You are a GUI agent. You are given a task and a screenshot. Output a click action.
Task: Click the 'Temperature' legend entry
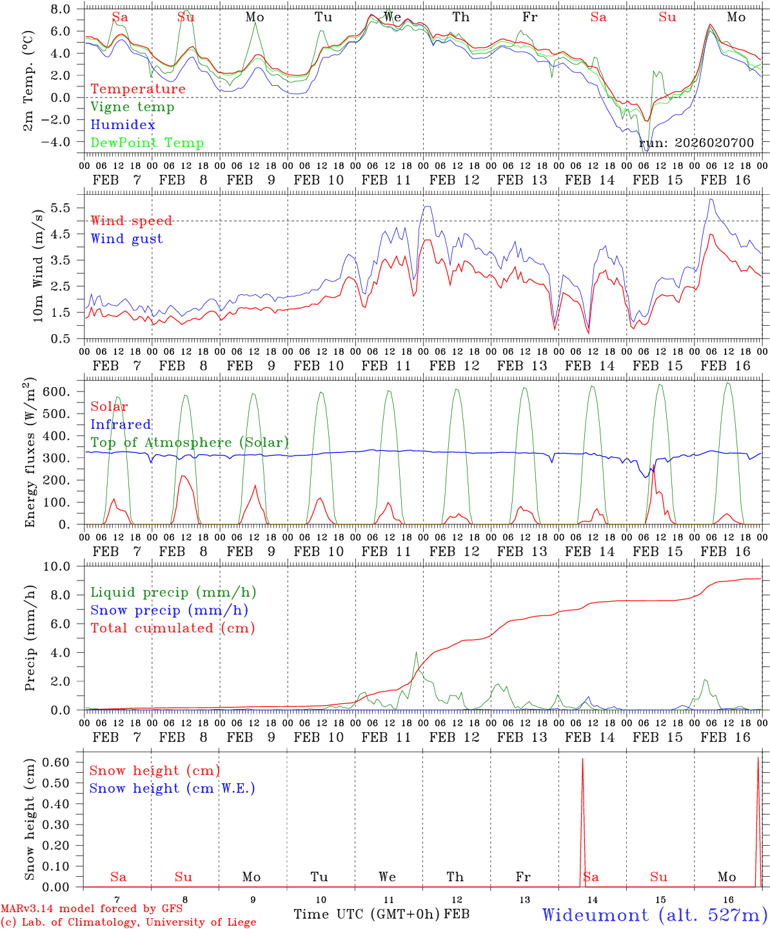(137, 89)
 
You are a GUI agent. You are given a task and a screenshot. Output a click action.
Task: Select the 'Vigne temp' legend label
(132, 107)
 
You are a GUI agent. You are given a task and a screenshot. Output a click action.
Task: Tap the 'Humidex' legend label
(123, 125)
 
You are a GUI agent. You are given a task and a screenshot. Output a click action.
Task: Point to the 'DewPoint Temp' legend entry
(147, 143)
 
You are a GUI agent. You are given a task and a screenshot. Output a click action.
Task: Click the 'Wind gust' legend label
(126, 239)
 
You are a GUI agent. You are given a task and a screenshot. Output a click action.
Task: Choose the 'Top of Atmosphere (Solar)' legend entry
(190, 443)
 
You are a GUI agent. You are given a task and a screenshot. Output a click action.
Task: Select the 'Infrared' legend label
(121, 425)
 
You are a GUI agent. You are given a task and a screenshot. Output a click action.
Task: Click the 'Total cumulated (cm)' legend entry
(173, 628)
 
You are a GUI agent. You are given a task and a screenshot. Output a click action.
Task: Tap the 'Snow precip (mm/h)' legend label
(169, 610)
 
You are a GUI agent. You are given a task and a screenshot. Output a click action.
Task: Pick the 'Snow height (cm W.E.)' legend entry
(172, 788)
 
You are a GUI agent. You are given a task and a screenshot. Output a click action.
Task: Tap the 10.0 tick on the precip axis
(55, 566)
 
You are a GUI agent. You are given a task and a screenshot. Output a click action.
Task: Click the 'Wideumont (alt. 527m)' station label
(654, 915)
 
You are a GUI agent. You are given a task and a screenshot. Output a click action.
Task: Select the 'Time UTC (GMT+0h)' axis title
(367, 914)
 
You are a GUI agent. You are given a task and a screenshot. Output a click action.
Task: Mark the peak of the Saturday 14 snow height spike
(583, 759)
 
